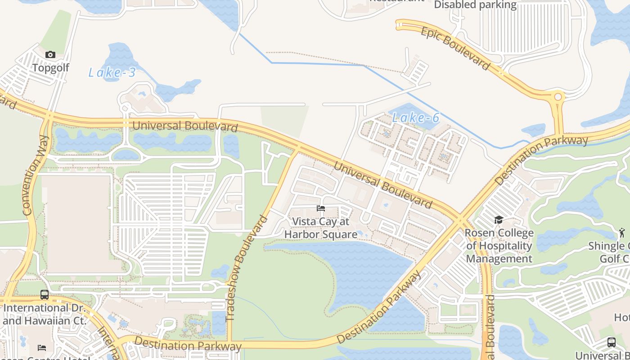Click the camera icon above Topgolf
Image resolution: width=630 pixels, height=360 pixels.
(x=50, y=55)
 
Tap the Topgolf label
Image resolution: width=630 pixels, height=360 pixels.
(x=50, y=68)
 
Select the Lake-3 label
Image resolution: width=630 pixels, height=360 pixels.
(x=112, y=72)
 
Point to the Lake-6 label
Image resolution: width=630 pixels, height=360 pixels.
(x=415, y=118)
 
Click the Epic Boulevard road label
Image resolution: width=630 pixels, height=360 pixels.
(x=455, y=48)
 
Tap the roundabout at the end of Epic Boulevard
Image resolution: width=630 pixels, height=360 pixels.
(x=558, y=97)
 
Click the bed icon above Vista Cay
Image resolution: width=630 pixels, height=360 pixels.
(x=321, y=208)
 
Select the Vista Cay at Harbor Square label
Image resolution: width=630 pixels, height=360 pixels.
(x=320, y=228)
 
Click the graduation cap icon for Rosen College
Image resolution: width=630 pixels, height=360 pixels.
(x=499, y=220)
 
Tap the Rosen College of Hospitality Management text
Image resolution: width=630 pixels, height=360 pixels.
(x=499, y=246)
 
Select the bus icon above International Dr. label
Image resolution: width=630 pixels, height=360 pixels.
(x=44, y=295)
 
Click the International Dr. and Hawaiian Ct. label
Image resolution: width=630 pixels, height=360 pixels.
(x=44, y=314)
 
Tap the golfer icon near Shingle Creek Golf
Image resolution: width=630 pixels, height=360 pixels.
(x=622, y=232)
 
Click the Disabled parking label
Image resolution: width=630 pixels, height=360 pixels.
(x=475, y=5)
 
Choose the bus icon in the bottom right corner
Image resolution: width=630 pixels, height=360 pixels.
(x=611, y=342)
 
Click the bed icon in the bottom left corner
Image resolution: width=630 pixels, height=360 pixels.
(x=41, y=347)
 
